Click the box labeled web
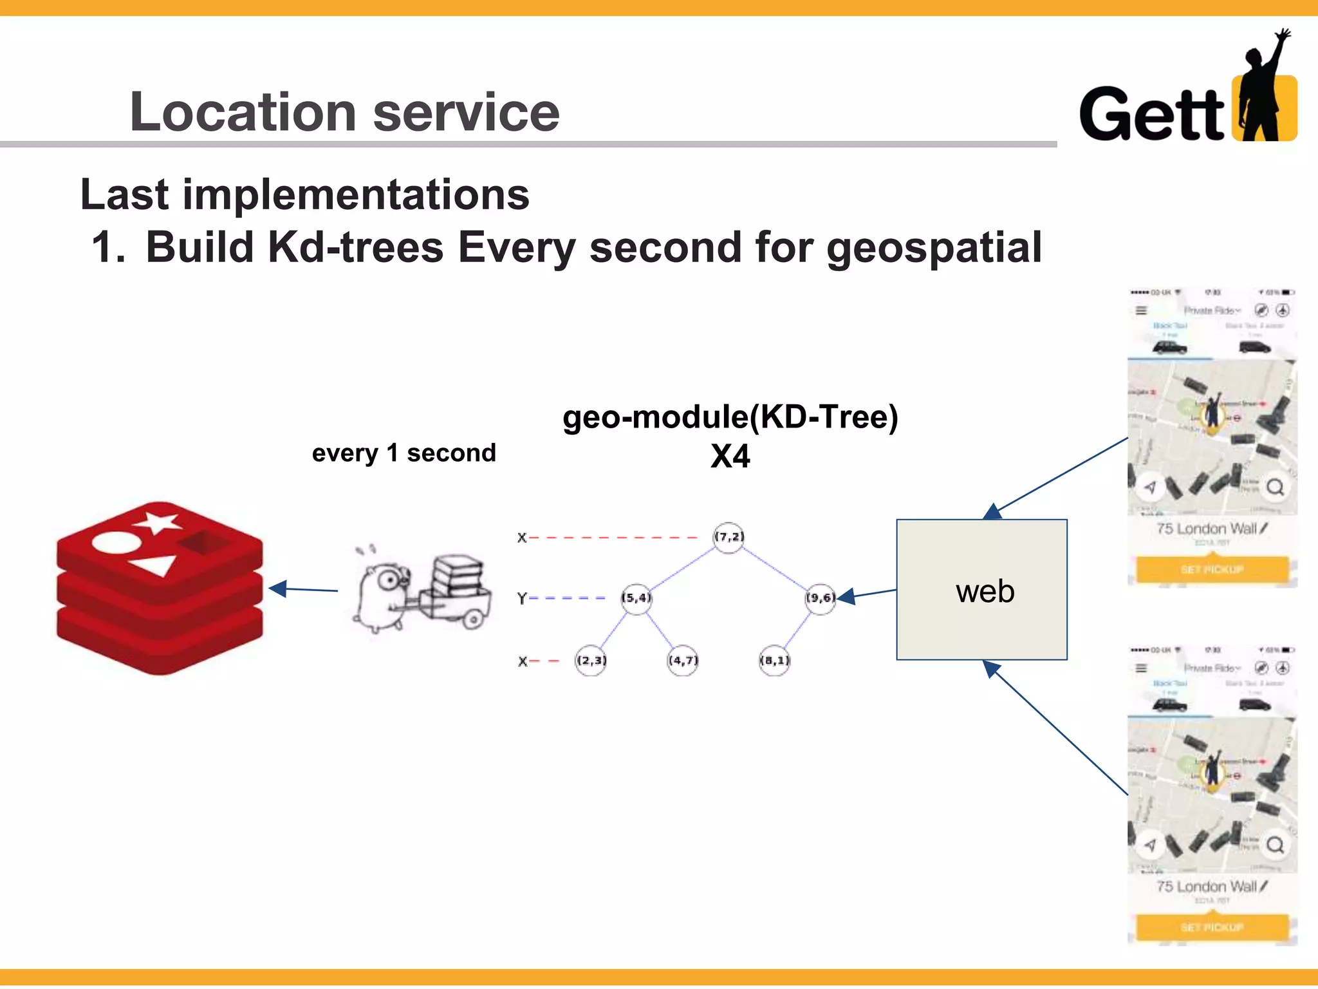point(981,590)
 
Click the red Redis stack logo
point(160,587)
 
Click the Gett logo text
point(1151,115)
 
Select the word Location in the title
point(243,113)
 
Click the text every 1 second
point(404,453)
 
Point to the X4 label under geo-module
point(730,457)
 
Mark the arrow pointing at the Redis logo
point(302,589)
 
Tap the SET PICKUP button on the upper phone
point(1212,569)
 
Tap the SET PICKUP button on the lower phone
point(1212,927)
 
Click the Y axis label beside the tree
point(522,598)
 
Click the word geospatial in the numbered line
point(934,248)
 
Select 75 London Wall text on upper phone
point(1206,529)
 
